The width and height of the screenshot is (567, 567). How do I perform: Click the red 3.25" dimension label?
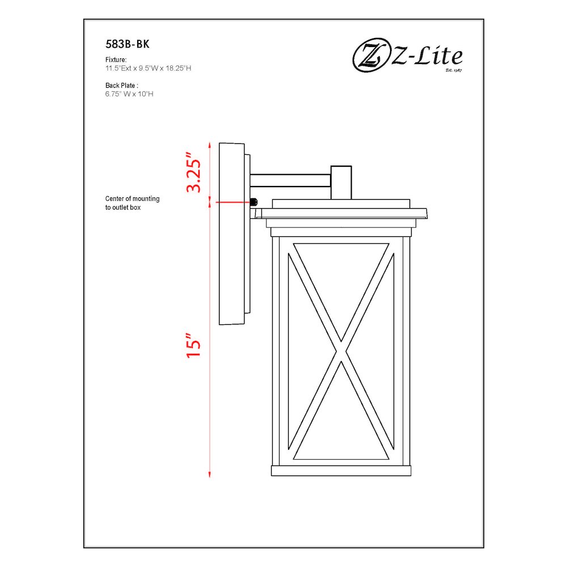[194, 172]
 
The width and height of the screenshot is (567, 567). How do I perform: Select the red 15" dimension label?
[194, 342]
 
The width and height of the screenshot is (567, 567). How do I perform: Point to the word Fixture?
[116, 60]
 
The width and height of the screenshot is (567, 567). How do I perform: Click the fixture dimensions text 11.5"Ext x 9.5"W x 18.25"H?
[148, 68]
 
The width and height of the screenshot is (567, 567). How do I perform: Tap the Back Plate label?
[121, 86]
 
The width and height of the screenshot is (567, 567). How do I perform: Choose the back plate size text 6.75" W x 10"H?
[129, 94]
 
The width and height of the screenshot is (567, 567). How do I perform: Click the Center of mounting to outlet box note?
[132, 203]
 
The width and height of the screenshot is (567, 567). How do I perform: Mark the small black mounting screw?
[254, 202]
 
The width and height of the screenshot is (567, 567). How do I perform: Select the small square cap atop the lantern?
[341, 181]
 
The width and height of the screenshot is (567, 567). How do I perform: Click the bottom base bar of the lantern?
[341, 471]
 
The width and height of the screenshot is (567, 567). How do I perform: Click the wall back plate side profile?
[231, 234]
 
